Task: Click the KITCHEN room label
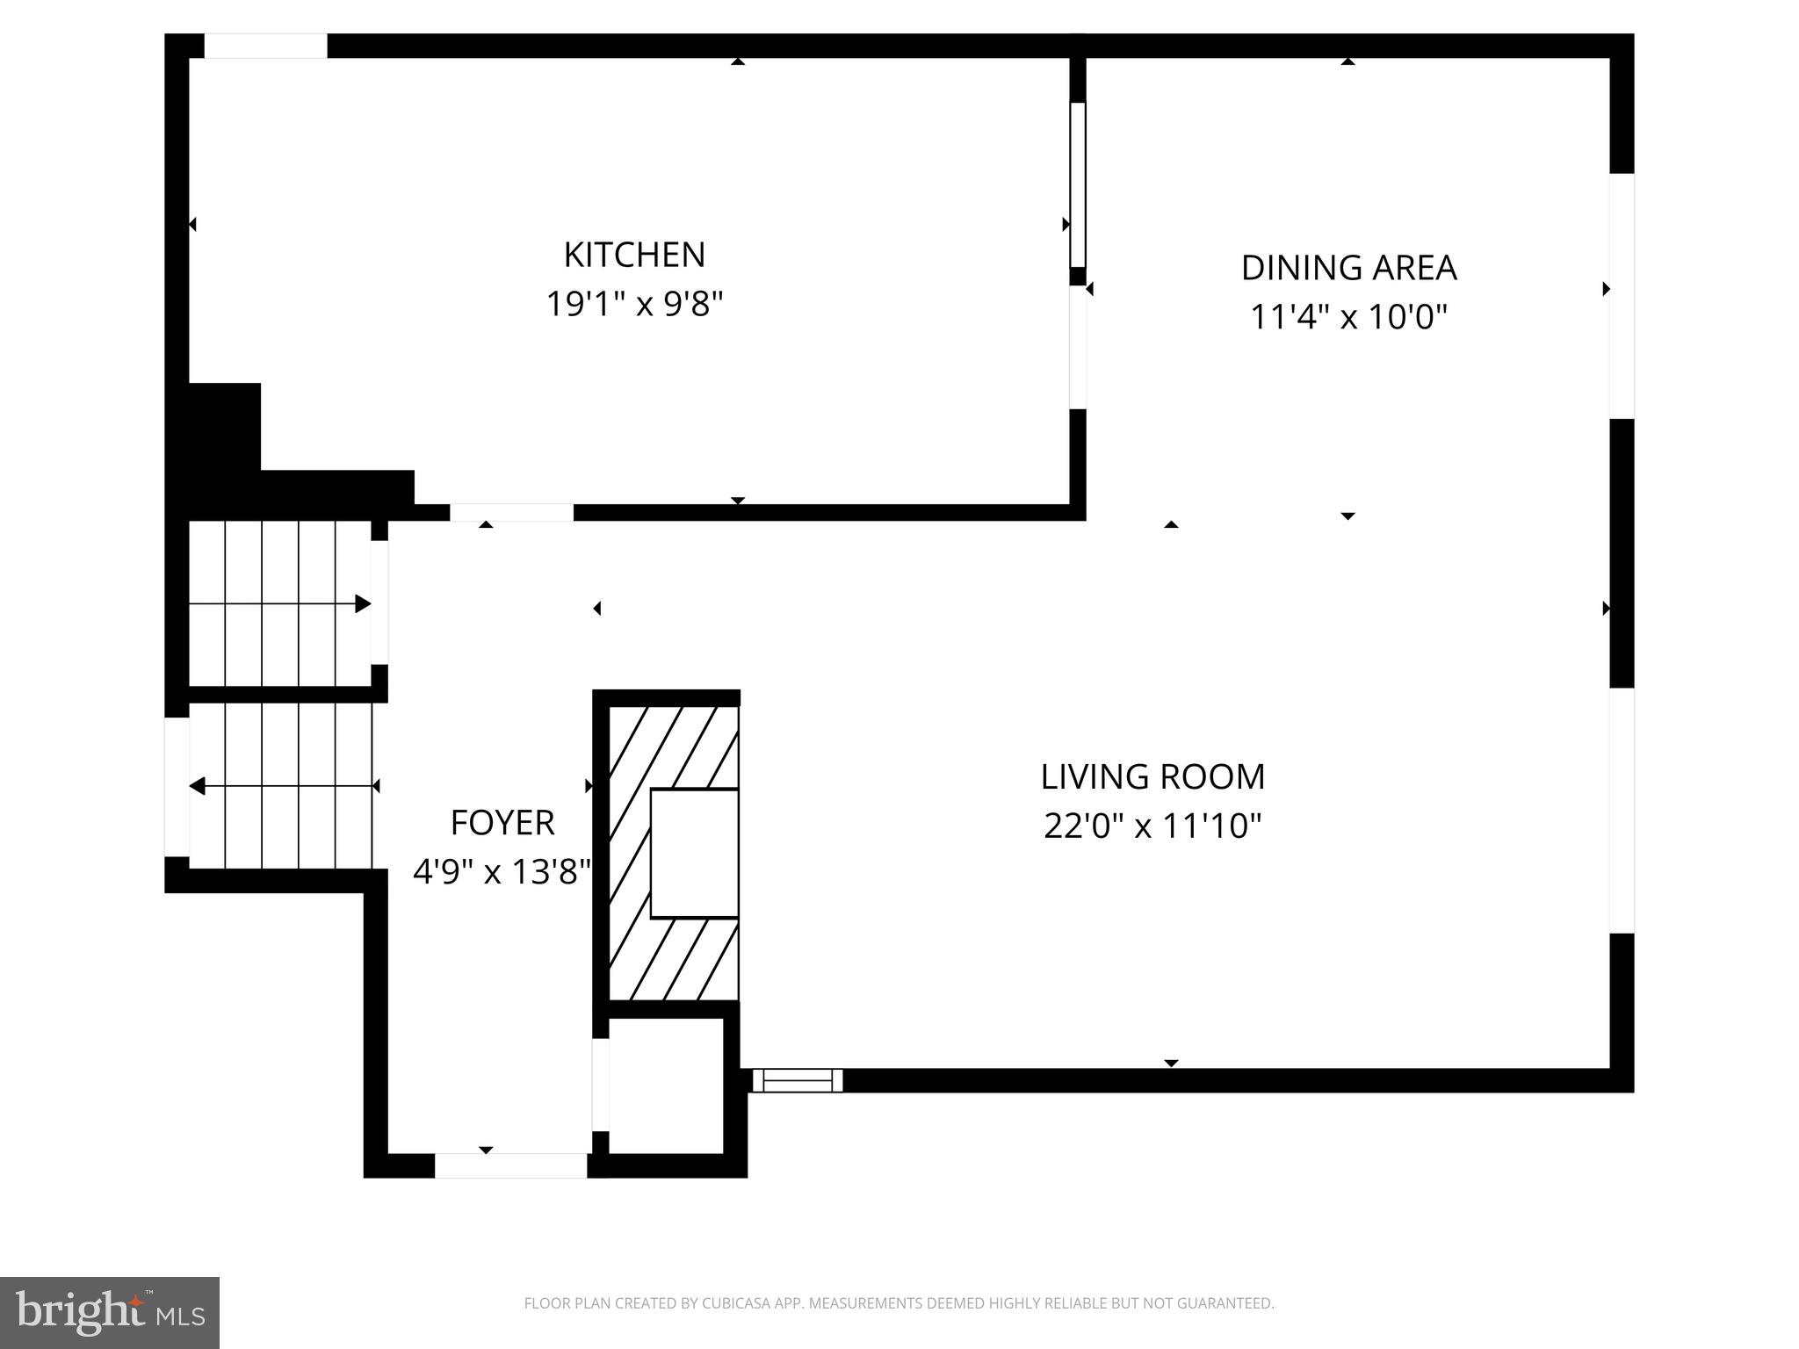click(634, 255)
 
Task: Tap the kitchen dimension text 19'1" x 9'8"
click(634, 305)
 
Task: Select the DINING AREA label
click(1348, 268)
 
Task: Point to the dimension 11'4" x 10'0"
click(1348, 317)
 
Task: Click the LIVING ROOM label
click(1152, 777)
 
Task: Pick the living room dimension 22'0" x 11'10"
click(1152, 826)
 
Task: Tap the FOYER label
click(502, 823)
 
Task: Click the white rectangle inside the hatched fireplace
click(694, 853)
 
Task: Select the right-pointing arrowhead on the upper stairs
click(363, 604)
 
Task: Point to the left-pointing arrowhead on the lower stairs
click(198, 786)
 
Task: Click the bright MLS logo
click(110, 1313)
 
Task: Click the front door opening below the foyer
click(510, 1165)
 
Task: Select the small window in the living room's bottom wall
click(798, 1080)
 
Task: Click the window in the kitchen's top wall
click(265, 46)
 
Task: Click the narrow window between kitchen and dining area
click(1078, 184)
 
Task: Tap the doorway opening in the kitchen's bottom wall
click(511, 512)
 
